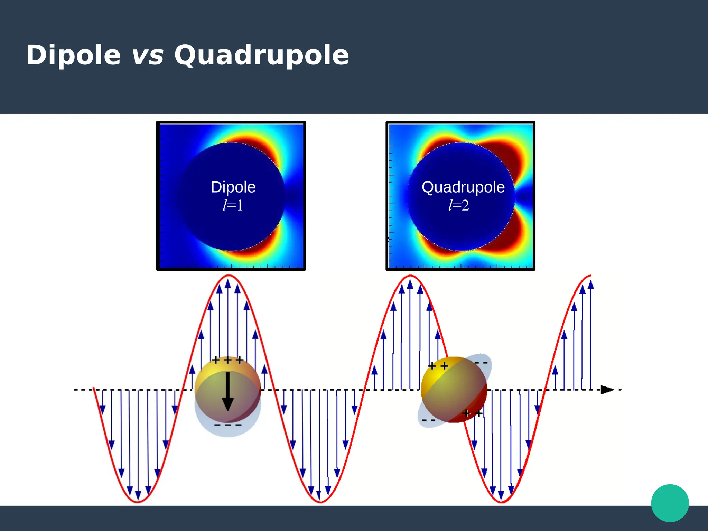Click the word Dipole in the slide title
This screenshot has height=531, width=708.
[73, 55]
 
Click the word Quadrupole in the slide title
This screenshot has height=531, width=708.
[261, 55]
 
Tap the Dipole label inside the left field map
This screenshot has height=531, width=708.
[233, 187]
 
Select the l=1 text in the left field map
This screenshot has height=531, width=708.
[233, 205]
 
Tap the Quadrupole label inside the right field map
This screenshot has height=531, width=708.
[463, 187]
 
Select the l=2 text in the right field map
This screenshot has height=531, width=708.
[459, 205]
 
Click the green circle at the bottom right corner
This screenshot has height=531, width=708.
[670, 503]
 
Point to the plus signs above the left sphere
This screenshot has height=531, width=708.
[227, 360]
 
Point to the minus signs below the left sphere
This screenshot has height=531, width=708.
[228, 425]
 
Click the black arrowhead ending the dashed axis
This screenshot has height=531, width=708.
[607, 390]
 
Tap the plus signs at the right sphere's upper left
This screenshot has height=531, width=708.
[438, 366]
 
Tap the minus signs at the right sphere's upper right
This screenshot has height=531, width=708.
[481, 363]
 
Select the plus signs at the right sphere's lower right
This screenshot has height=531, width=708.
[472, 413]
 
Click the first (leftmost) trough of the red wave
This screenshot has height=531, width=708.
[138, 501]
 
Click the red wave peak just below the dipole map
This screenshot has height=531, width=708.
[229, 276]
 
